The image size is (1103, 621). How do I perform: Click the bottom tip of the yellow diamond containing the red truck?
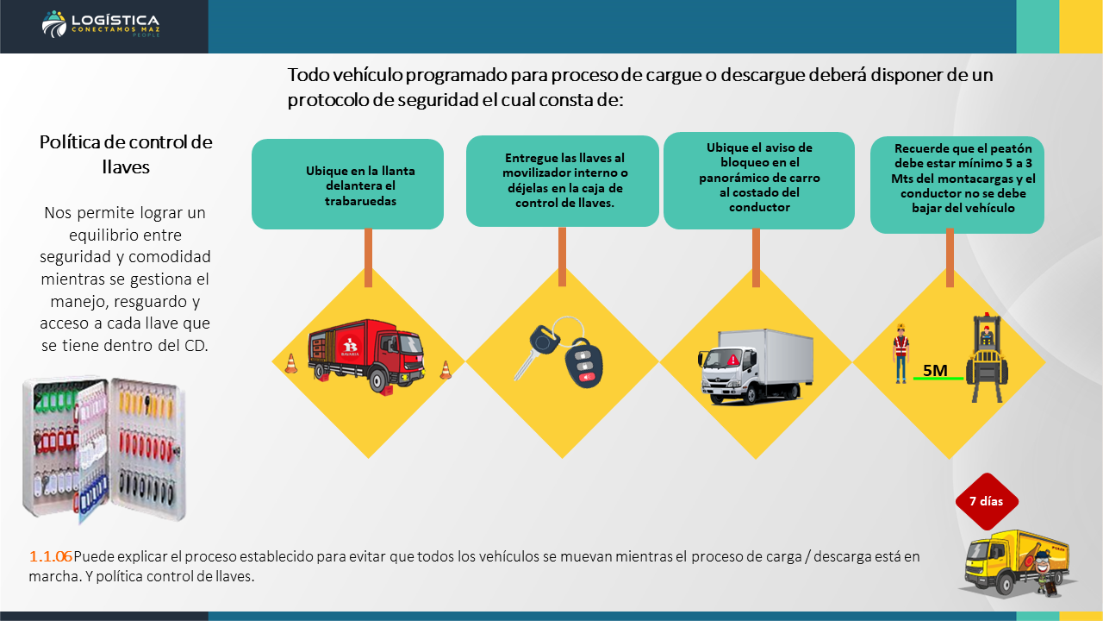(x=368, y=459)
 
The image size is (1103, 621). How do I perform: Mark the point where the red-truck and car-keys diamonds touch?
(x=465, y=361)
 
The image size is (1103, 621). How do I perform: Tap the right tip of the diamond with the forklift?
(x=1046, y=363)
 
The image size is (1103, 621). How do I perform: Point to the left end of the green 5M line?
(x=913, y=379)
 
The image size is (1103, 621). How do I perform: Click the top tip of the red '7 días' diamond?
(x=987, y=473)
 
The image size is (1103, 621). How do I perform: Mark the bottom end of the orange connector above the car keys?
(x=562, y=285)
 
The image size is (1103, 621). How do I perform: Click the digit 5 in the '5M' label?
(x=928, y=370)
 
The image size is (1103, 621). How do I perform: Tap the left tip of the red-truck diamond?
(x=271, y=361)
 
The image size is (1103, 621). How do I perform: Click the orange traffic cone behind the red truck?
(x=291, y=364)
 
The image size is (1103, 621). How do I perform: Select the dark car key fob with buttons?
(x=583, y=363)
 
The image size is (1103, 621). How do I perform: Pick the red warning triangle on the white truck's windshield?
(x=732, y=360)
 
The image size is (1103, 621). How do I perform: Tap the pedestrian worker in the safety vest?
(x=901, y=353)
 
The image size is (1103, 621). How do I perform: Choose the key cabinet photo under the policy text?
(x=104, y=448)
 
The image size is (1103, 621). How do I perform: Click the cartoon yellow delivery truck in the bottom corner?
(x=1017, y=564)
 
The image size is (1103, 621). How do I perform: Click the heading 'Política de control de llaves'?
(x=126, y=154)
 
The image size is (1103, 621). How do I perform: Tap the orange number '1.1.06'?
(x=50, y=556)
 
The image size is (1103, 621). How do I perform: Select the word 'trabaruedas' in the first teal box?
(x=360, y=201)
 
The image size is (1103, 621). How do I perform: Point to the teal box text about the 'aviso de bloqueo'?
(x=759, y=178)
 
